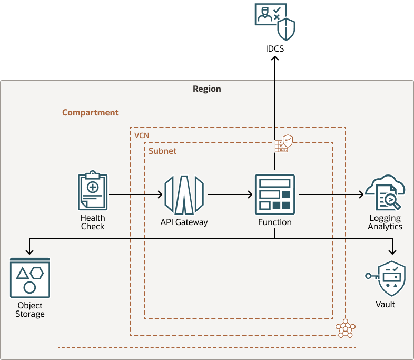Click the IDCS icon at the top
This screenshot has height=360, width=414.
pyautogui.click(x=274, y=22)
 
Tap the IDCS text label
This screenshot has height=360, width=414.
pyautogui.click(x=274, y=49)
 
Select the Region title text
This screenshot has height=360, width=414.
pyautogui.click(x=207, y=89)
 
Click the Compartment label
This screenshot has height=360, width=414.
pyautogui.click(x=90, y=112)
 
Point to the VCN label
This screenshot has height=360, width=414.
pyautogui.click(x=142, y=135)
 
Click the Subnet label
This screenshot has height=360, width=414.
pyautogui.click(x=162, y=151)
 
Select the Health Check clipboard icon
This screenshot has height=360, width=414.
pyautogui.click(x=92, y=191)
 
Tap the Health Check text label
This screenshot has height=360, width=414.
pyautogui.click(x=93, y=222)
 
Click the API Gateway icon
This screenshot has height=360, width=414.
pyautogui.click(x=184, y=194)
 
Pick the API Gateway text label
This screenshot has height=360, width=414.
pyautogui.click(x=184, y=222)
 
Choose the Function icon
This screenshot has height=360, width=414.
pyautogui.click(x=274, y=194)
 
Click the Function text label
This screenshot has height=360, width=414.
pyautogui.click(x=274, y=222)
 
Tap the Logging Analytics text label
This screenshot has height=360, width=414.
pyautogui.click(x=385, y=222)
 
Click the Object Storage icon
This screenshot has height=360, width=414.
pyautogui.click(x=29, y=277)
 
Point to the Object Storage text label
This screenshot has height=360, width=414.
pyautogui.click(x=30, y=309)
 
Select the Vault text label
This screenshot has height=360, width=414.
pyautogui.click(x=385, y=304)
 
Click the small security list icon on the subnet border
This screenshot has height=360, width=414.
pyautogui.click(x=283, y=143)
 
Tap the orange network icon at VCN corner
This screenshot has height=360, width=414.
pyautogui.click(x=346, y=328)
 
